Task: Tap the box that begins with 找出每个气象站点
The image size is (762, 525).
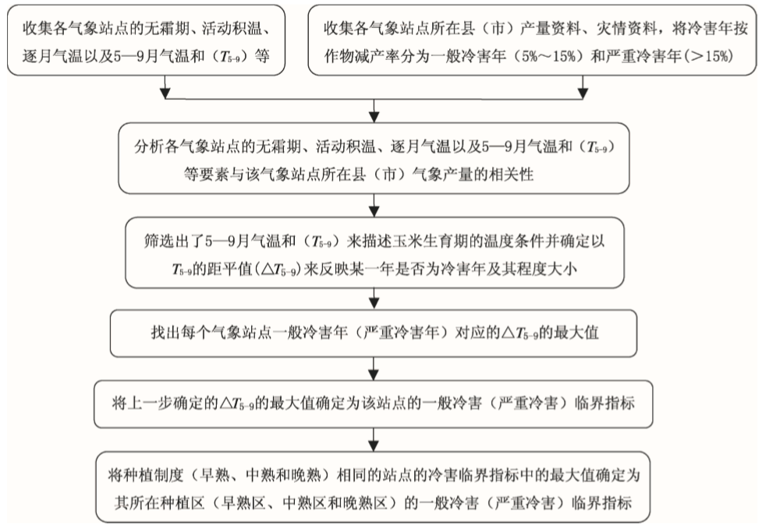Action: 375,331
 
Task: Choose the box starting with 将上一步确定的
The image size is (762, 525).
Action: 375,403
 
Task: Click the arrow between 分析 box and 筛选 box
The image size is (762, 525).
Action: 376,206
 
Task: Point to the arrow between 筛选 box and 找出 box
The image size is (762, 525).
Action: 376,299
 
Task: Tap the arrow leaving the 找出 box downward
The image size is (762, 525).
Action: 376,366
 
